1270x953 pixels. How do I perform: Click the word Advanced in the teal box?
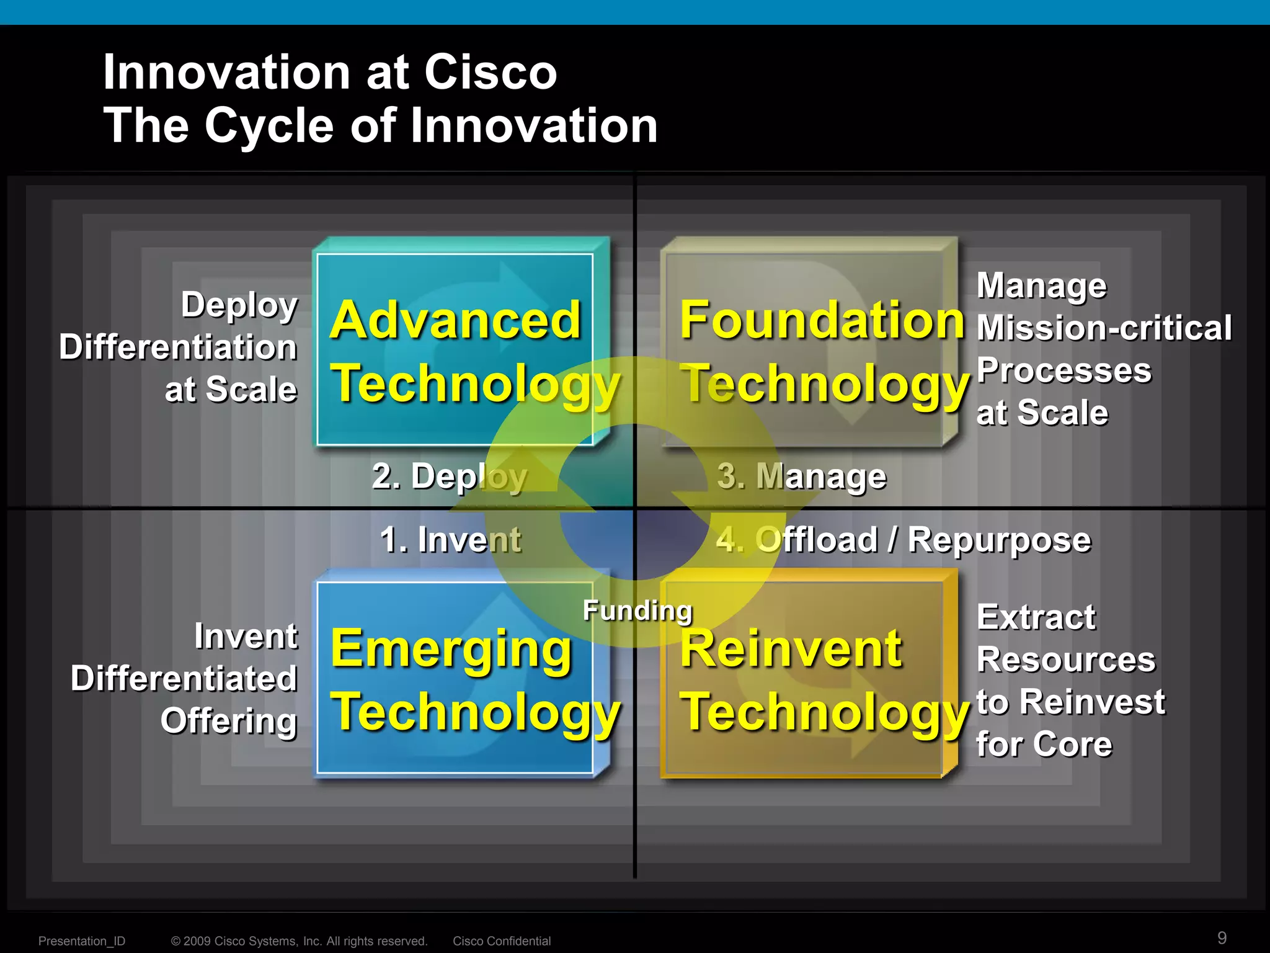click(x=455, y=320)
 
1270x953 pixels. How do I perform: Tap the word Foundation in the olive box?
click(x=822, y=320)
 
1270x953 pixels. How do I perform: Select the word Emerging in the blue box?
click(x=451, y=649)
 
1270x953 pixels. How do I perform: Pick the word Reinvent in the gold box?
click(x=791, y=649)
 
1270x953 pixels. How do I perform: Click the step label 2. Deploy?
click(x=450, y=476)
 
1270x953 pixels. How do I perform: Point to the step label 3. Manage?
click(x=802, y=476)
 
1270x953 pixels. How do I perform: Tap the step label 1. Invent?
click(x=451, y=539)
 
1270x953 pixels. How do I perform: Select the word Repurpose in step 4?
click(x=999, y=540)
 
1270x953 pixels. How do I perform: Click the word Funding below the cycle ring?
click(x=637, y=611)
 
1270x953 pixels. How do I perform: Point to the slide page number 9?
click(x=1222, y=937)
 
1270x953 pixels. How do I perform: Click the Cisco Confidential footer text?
click(x=501, y=941)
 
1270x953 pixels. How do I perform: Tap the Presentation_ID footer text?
click(x=82, y=941)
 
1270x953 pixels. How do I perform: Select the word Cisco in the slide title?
click(x=490, y=72)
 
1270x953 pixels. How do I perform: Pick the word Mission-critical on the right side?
click(x=1104, y=328)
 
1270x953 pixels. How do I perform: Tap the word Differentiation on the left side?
click(x=178, y=347)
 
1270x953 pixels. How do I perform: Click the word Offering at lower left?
click(x=229, y=721)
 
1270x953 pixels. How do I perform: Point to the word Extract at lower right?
click(x=1036, y=617)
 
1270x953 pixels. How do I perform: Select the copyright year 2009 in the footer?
click(x=197, y=941)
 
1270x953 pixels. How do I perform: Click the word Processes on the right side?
click(x=1064, y=370)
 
